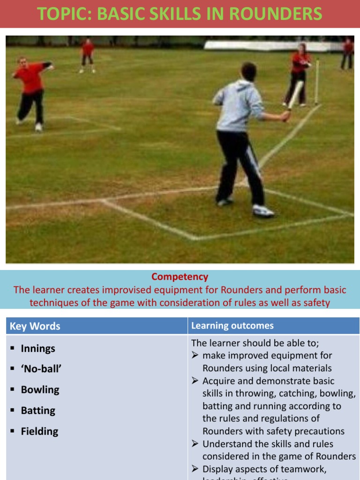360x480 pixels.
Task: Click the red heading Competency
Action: (x=180, y=277)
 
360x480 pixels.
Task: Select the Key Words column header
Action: (x=35, y=326)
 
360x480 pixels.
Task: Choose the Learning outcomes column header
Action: (x=232, y=326)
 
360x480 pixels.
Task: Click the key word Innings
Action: (x=38, y=349)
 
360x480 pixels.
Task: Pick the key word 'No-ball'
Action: (x=41, y=369)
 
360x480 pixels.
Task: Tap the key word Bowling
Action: (x=40, y=390)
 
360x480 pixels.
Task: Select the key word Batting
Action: (x=38, y=411)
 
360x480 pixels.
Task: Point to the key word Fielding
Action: (x=39, y=432)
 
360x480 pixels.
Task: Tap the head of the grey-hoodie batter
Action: (x=248, y=71)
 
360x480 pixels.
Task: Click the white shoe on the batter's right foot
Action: (x=263, y=211)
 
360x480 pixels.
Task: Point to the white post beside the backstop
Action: (x=317, y=82)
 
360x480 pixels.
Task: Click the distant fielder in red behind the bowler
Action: (x=87, y=55)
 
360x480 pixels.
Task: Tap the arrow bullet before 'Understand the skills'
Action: (x=196, y=444)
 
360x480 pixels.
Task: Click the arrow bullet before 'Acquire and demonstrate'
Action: (x=196, y=381)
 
